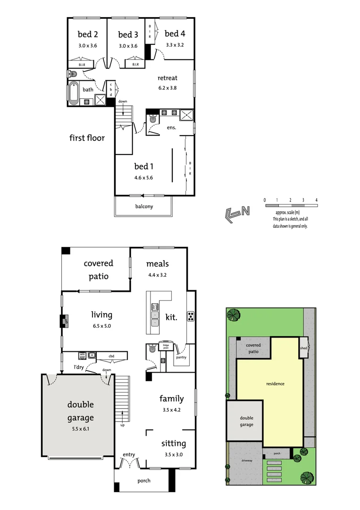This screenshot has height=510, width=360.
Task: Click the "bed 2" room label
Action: tap(88, 34)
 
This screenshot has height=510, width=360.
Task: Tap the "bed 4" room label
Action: tap(175, 34)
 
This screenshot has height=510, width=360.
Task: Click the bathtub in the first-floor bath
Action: tap(74, 93)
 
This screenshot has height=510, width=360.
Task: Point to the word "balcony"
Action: tap(144, 206)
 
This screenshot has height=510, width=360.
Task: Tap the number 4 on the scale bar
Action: tap(317, 200)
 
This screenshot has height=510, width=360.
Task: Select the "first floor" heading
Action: tap(87, 138)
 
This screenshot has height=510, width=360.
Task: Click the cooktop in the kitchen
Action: tap(191, 316)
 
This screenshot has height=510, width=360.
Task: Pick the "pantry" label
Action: tap(181, 357)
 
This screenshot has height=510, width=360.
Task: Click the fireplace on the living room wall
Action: tap(64, 322)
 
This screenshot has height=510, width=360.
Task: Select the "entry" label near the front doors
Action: tap(129, 455)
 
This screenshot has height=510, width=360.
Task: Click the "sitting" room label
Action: tap(174, 443)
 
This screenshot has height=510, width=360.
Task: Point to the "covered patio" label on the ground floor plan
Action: tap(98, 270)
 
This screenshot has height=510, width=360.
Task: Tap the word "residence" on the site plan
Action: tap(275, 384)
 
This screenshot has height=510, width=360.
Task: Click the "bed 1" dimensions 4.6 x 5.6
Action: tap(143, 178)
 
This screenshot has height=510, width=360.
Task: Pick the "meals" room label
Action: tap(157, 263)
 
